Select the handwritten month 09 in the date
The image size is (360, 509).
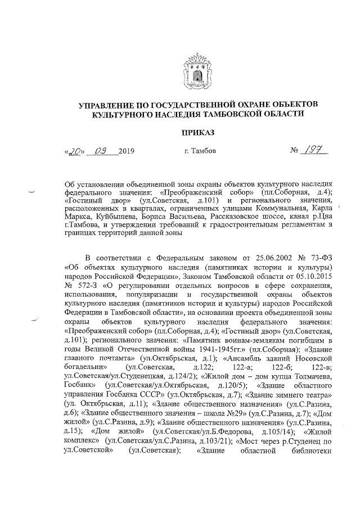(103, 151)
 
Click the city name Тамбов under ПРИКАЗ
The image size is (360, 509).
(201, 151)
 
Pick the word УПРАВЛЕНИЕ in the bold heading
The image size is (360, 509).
(109, 104)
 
